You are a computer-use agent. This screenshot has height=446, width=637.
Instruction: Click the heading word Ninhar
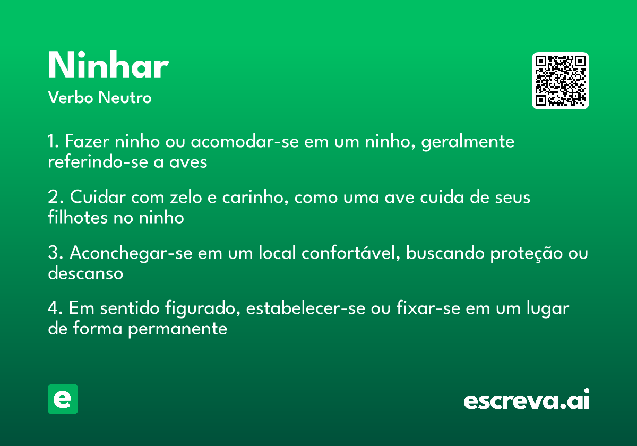pyautogui.click(x=108, y=65)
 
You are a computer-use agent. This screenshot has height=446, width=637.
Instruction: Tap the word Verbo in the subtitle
pyautogui.click(x=71, y=97)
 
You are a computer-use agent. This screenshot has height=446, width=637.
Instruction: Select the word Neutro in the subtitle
pyautogui.click(x=125, y=97)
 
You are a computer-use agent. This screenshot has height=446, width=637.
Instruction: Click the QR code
pyautogui.click(x=560, y=81)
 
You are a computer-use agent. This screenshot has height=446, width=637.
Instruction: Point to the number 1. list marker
pyautogui.click(x=54, y=141)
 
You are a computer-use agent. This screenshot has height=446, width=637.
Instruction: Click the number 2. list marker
pyautogui.click(x=56, y=196)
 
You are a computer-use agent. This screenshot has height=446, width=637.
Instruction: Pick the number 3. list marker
pyautogui.click(x=56, y=252)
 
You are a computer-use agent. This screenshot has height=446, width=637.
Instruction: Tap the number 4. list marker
pyautogui.click(x=55, y=308)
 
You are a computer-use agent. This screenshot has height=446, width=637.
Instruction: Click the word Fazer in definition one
pyautogui.click(x=87, y=141)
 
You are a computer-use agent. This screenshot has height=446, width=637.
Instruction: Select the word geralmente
pyautogui.click(x=468, y=142)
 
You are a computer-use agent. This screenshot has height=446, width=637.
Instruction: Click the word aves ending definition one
pyautogui.click(x=188, y=162)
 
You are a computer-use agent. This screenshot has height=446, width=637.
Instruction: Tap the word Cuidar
pyautogui.click(x=98, y=196)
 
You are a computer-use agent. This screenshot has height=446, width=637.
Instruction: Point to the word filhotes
pyautogui.click(x=78, y=218)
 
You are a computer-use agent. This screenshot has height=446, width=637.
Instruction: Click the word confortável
pyautogui.click(x=351, y=252)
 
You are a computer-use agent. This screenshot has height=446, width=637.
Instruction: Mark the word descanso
pyautogui.click(x=85, y=273)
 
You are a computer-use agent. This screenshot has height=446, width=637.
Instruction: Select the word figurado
pyautogui.click(x=202, y=308)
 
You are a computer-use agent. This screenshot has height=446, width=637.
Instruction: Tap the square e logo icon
pyautogui.click(x=63, y=399)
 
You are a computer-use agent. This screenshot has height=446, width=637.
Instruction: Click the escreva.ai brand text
pyautogui.click(x=527, y=399)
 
